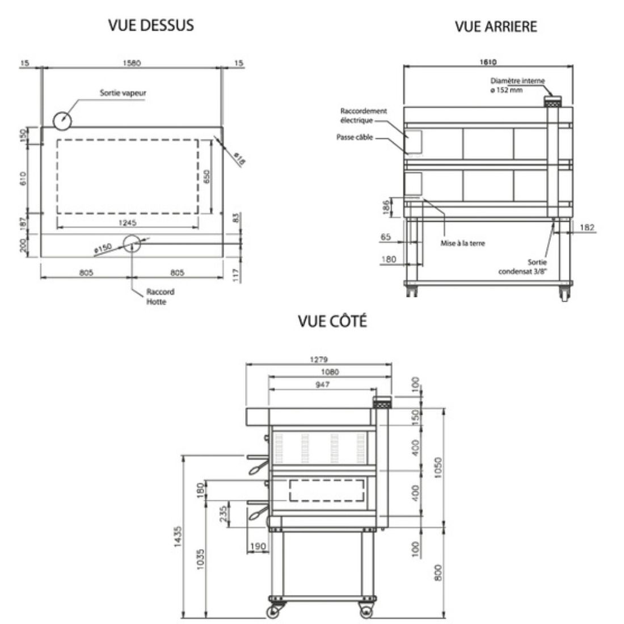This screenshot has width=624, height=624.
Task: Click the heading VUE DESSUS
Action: [151, 26]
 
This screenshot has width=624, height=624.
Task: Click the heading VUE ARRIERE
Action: [495, 27]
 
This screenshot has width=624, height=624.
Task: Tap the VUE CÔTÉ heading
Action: [332, 321]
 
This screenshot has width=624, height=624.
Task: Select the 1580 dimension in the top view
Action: [131, 63]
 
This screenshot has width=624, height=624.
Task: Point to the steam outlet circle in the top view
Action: [62, 120]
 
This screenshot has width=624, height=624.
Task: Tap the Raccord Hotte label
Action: [161, 297]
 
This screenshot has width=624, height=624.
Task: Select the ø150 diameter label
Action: [104, 247]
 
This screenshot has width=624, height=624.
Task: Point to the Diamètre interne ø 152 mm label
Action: [517, 86]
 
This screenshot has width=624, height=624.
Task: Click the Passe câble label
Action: [355, 137]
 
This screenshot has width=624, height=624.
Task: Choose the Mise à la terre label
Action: [462, 243]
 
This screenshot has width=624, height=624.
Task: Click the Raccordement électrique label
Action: [364, 116]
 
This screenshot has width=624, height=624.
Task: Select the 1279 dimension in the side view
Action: [319, 359]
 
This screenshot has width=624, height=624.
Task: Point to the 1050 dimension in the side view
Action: [438, 467]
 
